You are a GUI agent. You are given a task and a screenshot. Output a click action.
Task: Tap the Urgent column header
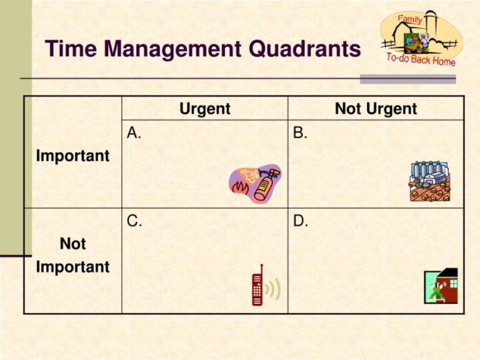pyautogui.click(x=204, y=109)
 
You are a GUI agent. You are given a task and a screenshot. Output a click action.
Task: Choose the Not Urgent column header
pyautogui.click(x=376, y=109)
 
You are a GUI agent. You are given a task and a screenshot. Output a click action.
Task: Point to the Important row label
pyautogui.click(x=72, y=156)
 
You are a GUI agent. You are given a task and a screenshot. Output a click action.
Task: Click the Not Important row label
pyautogui.click(x=72, y=255)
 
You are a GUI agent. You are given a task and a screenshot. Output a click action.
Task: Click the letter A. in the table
pyautogui.click(x=133, y=132)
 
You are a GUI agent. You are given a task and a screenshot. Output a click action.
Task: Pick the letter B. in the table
pyautogui.click(x=300, y=132)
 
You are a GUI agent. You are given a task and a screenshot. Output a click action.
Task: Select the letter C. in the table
pyautogui.click(x=134, y=221)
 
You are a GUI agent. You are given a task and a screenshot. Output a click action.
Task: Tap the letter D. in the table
pyautogui.click(x=301, y=221)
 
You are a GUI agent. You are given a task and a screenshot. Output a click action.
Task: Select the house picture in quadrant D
pyautogui.click(x=441, y=286)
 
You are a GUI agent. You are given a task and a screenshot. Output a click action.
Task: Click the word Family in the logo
pyautogui.click(x=410, y=19)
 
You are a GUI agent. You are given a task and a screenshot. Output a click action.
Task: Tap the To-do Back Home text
pyautogui.click(x=421, y=60)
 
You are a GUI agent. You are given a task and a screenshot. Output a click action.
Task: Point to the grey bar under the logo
pyautogui.click(x=407, y=79)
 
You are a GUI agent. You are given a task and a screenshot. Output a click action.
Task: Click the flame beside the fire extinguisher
pyautogui.click(x=238, y=186)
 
